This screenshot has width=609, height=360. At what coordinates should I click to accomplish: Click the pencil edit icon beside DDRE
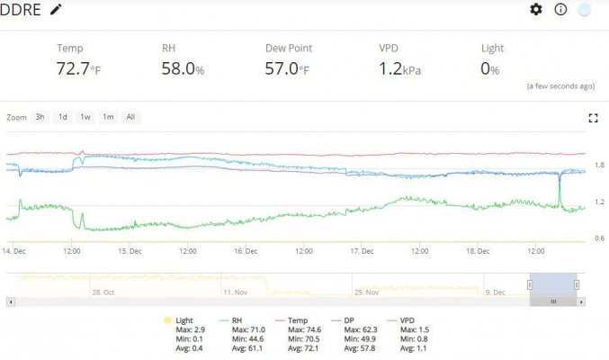tap(56, 9)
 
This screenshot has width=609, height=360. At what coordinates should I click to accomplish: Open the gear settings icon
tap(536, 9)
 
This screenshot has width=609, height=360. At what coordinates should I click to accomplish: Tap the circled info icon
tap(560, 9)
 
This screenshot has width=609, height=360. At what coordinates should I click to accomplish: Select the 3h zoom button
tap(40, 117)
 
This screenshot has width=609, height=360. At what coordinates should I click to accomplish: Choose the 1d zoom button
tap(63, 117)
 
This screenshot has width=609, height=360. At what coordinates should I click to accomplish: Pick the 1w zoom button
tap(85, 117)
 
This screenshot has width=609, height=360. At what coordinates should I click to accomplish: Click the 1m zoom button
tap(108, 117)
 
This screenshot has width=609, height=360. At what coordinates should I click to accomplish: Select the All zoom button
tap(131, 117)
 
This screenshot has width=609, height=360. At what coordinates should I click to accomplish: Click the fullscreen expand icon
tap(593, 118)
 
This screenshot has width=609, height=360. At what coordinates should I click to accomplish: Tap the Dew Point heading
tap(289, 49)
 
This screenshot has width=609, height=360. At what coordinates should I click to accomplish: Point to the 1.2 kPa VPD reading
tap(399, 68)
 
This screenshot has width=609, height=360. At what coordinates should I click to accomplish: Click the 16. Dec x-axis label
tap(246, 251)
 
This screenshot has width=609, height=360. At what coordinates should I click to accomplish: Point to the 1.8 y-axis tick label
tap(599, 165)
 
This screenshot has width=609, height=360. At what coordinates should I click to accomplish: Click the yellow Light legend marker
tap(167, 320)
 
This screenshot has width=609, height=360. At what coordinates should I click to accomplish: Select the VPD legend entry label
tap(407, 320)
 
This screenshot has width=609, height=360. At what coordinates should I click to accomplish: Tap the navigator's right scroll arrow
tap(581, 301)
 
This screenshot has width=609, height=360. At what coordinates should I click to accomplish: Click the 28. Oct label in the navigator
tap(103, 292)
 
